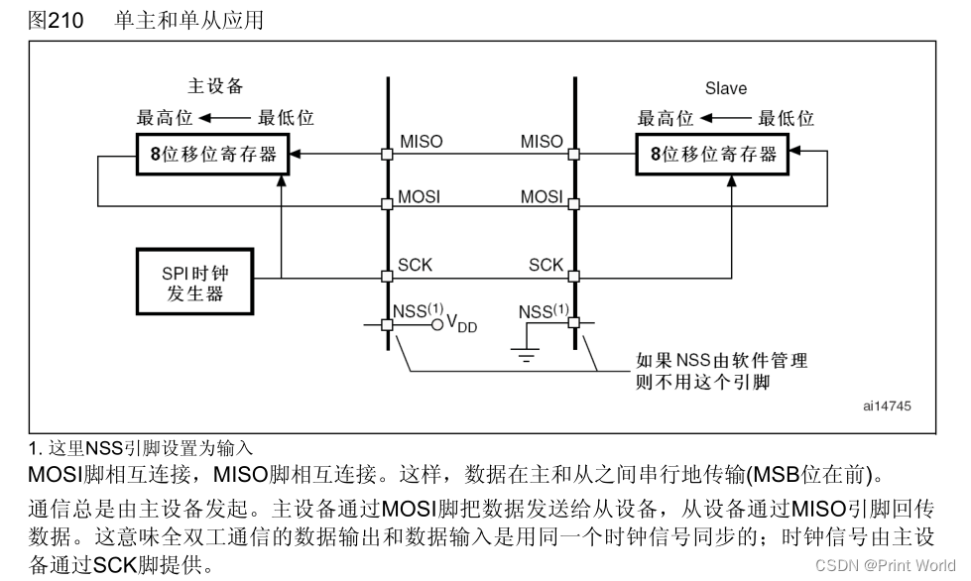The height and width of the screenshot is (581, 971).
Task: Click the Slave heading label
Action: [x=726, y=88]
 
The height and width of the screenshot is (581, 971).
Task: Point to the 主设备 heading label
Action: [x=215, y=85]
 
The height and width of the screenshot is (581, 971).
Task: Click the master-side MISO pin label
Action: [x=421, y=142]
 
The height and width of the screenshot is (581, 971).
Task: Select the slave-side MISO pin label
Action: [x=542, y=142]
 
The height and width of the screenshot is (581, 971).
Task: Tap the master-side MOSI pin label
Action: [x=419, y=196]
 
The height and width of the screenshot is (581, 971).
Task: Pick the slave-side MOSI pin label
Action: [x=542, y=196]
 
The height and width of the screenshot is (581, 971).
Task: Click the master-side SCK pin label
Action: [x=415, y=265]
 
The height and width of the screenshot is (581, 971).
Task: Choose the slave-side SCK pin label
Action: [x=546, y=265]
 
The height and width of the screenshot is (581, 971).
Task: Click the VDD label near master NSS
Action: [x=461, y=324]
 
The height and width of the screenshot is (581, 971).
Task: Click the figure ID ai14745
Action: [x=886, y=407]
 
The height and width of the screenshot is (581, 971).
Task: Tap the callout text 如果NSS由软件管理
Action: [x=721, y=360]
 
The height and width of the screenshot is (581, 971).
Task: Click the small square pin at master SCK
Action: [x=388, y=276]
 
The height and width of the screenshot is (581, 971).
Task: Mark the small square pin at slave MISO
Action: [x=573, y=155]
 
